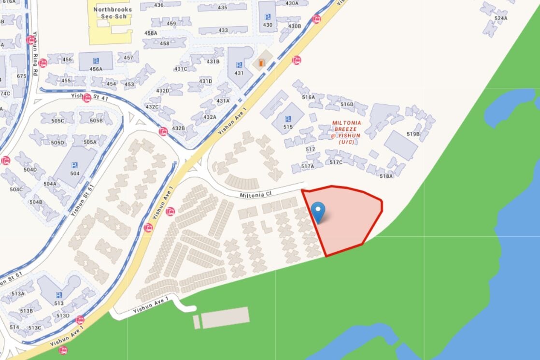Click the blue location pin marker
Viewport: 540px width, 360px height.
(x=318, y=212)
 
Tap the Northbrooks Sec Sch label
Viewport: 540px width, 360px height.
(x=110, y=13)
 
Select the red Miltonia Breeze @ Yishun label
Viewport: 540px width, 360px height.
(x=346, y=132)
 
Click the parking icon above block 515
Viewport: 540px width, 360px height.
(x=288, y=119)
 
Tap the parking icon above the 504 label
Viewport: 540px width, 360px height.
(x=75, y=165)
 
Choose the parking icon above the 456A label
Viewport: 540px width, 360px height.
(x=96, y=60)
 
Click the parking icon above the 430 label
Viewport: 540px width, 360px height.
(x=268, y=16)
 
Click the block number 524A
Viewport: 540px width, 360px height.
(x=501, y=18)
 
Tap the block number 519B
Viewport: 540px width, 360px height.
(x=413, y=134)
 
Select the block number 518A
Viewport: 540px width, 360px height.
(x=386, y=176)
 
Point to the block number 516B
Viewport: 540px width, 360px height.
(x=347, y=104)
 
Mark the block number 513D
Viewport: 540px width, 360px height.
(x=63, y=316)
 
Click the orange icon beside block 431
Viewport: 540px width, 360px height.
(x=262, y=63)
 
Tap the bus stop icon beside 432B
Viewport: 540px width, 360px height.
(x=163, y=131)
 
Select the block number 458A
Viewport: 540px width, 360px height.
(x=151, y=33)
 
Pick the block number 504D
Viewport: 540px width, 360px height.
(x=30, y=170)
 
